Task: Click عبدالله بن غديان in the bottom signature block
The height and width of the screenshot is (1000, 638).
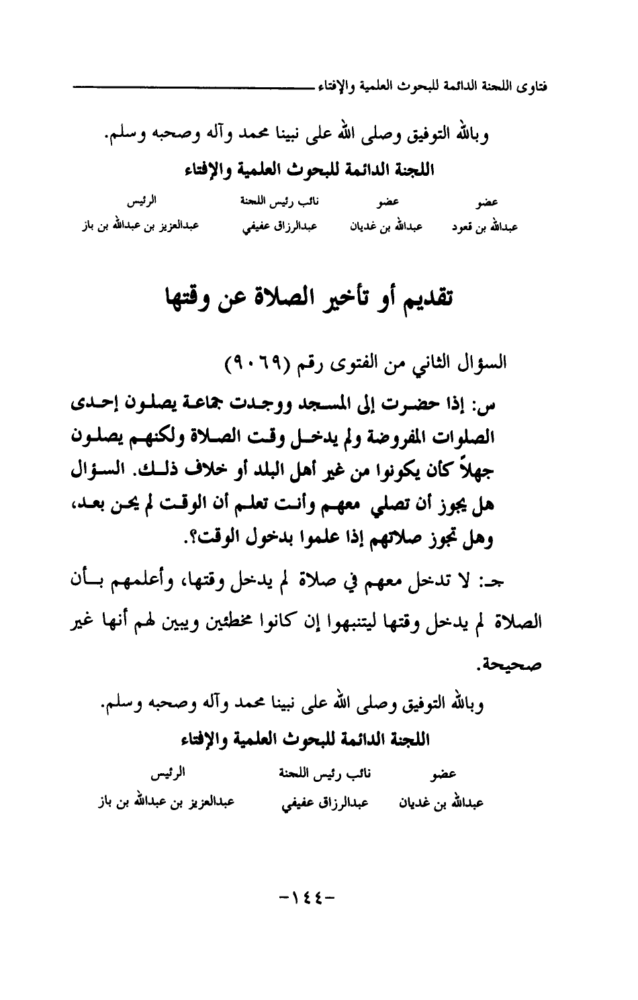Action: [445, 803]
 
